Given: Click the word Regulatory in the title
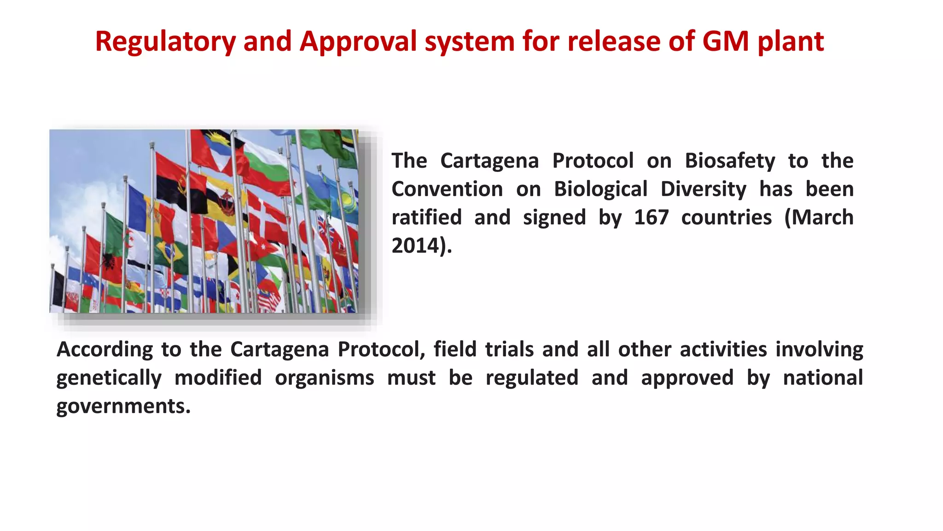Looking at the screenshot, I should [165, 41].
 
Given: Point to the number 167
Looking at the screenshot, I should [651, 217].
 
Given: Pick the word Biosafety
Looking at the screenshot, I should [730, 160].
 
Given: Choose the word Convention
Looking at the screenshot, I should [447, 189].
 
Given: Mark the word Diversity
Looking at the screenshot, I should [703, 189].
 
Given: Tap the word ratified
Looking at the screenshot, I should [426, 217].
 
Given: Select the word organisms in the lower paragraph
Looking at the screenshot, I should [324, 378].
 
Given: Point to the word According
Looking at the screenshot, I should [105, 349].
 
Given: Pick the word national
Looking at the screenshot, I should [823, 378].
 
